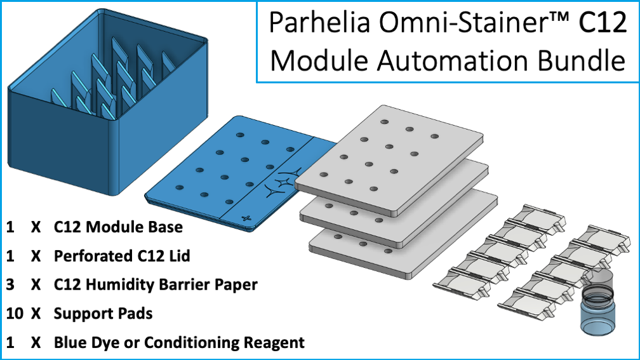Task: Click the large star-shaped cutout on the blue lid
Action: click(x=280, y=184)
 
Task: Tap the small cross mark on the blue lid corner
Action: click(x=247, y=218)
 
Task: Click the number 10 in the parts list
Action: click(x=15, y=314)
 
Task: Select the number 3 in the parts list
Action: click(x=10, y=284)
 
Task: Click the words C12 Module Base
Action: click(x=118, y=227)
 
